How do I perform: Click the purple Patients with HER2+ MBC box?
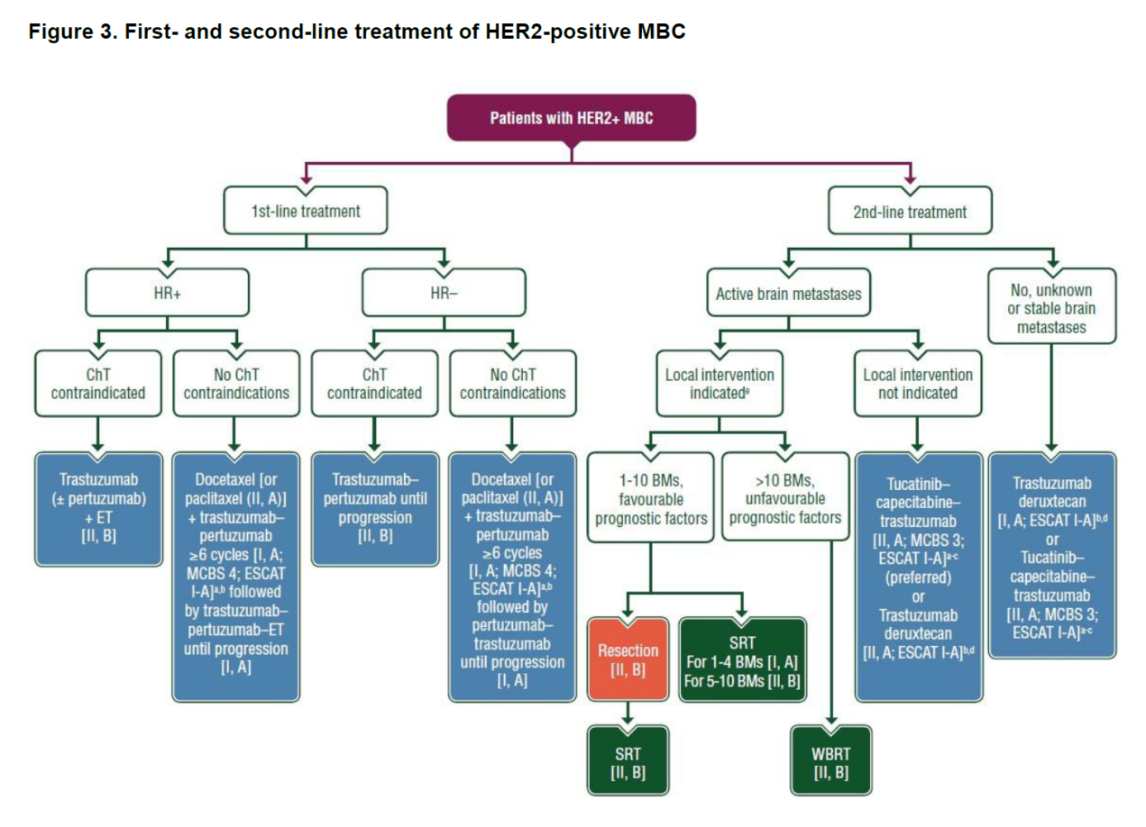572,118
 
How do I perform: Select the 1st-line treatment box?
305,212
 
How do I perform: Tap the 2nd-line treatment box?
909,212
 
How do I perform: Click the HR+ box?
167,293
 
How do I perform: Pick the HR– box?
444,293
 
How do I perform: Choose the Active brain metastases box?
788,293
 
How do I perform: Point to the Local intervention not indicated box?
918,384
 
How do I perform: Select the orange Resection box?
628,659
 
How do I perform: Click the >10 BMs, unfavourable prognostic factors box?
784,499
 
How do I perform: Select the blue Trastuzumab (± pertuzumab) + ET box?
98,508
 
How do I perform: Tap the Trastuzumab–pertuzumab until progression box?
374,508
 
